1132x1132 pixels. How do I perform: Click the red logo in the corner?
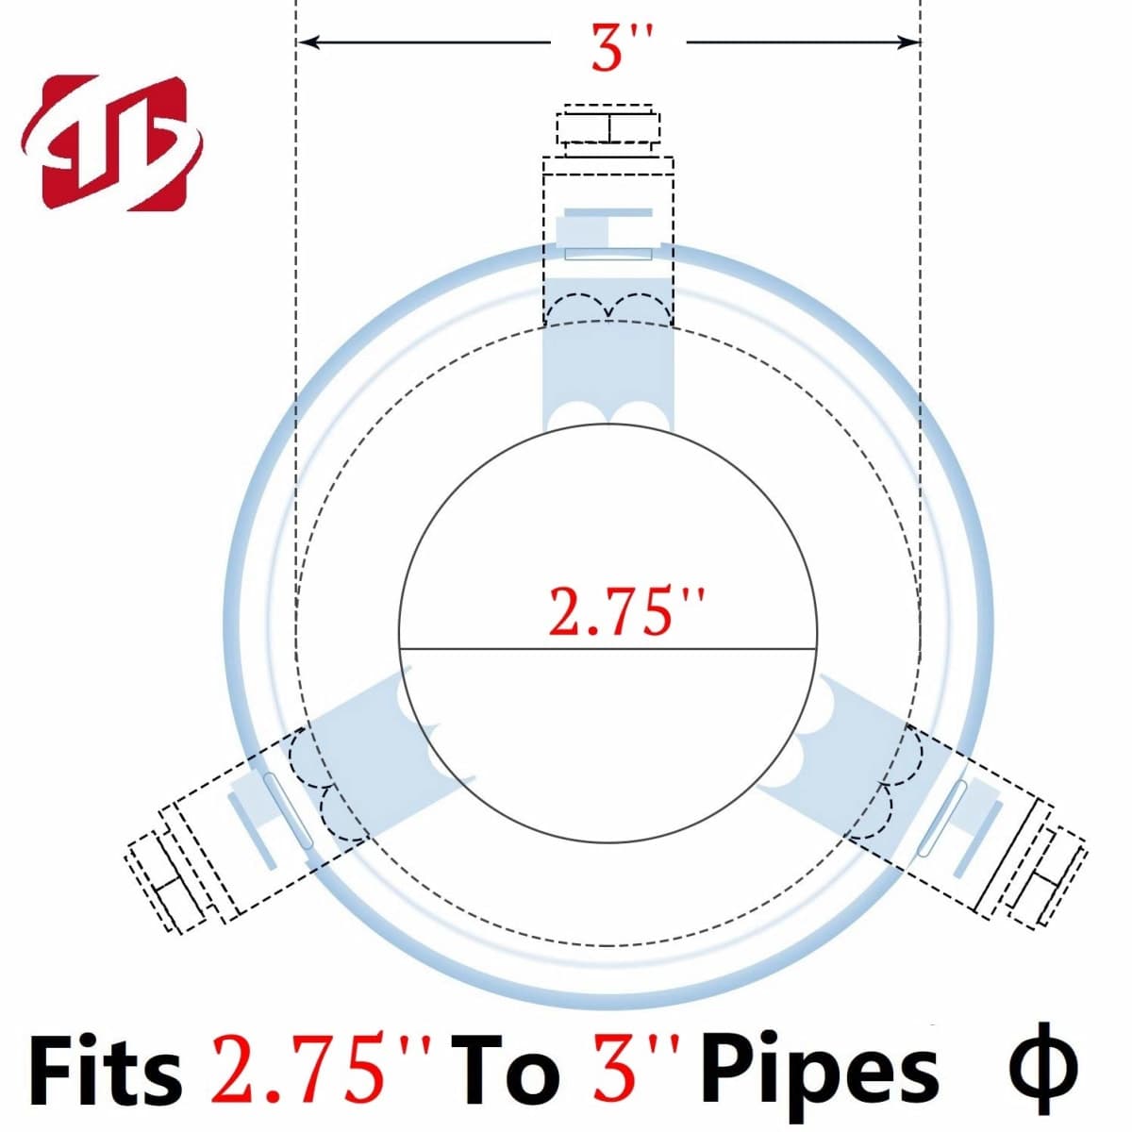[x=111, y=142]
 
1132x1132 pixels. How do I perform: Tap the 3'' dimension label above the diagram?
[x=620, y=47]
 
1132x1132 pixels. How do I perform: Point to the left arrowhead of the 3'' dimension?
[x=309, y=42]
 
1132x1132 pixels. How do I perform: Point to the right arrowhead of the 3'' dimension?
[x=908, y=42]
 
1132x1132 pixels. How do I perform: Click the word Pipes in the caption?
[x=818, y=1063]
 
